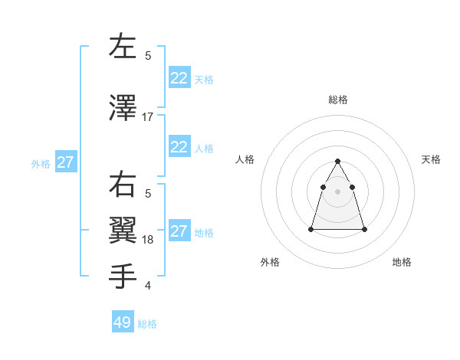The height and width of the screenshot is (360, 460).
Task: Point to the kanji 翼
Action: [x=123, y=230]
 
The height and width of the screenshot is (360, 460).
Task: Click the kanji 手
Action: [x=123, y=275]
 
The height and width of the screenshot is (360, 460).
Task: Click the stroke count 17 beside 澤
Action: [x=148, y=117]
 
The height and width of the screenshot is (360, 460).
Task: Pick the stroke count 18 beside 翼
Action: [x=148, y=240]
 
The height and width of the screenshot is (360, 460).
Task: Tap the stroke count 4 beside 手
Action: [x=148, y=286]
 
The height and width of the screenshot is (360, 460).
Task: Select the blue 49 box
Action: [x=123, y=322]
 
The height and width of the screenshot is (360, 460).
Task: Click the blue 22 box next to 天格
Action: [x=179, y=77]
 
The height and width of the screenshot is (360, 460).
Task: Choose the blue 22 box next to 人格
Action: [x=179, y=147]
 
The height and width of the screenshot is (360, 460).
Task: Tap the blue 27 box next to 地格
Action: [x=179, y=231]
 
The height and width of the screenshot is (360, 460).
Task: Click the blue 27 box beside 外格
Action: [x=66, y=162]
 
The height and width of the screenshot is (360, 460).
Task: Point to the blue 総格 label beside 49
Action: [x=147, y=324]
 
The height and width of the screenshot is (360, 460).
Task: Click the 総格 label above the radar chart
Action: [x=337, y=100]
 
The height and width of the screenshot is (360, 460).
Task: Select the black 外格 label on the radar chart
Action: [x=270, y=262]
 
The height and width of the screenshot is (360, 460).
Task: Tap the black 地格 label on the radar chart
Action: [x=402, y=262]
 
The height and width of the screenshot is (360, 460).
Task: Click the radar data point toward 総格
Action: [x=337, y=161]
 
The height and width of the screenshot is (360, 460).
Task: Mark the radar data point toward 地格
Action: [x=364, y=229]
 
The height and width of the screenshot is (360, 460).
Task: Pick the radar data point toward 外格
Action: [x=310, y=229]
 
